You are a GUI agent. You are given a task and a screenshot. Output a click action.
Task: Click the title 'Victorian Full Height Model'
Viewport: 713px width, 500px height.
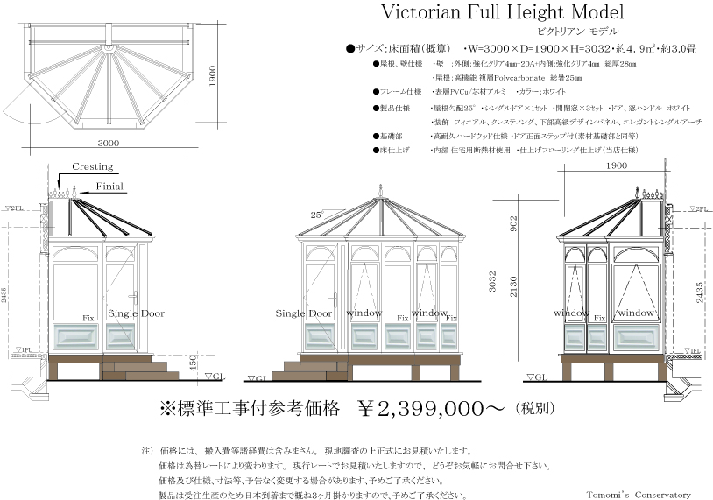502,14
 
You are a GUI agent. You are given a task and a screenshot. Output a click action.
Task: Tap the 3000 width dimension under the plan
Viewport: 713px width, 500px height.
109,143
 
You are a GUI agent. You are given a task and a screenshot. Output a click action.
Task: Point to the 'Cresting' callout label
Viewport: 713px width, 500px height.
93,166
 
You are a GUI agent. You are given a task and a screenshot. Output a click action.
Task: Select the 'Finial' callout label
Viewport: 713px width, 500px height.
109,186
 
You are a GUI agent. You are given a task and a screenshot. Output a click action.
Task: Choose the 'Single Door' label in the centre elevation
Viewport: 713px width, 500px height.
304,313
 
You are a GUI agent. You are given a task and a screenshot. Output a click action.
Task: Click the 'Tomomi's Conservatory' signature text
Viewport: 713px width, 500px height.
639,494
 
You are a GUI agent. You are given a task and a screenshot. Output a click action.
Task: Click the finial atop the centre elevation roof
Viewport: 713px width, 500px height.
380,192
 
